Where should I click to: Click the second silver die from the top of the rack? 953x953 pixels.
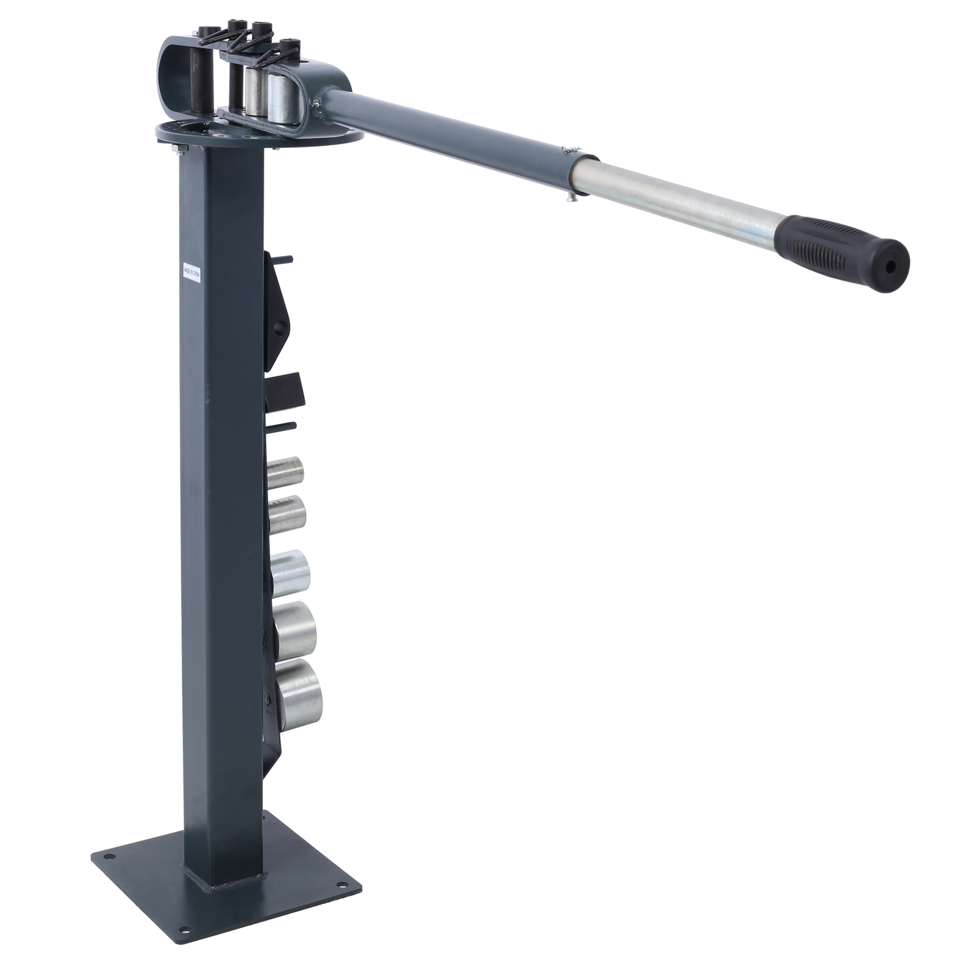[287, 513]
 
